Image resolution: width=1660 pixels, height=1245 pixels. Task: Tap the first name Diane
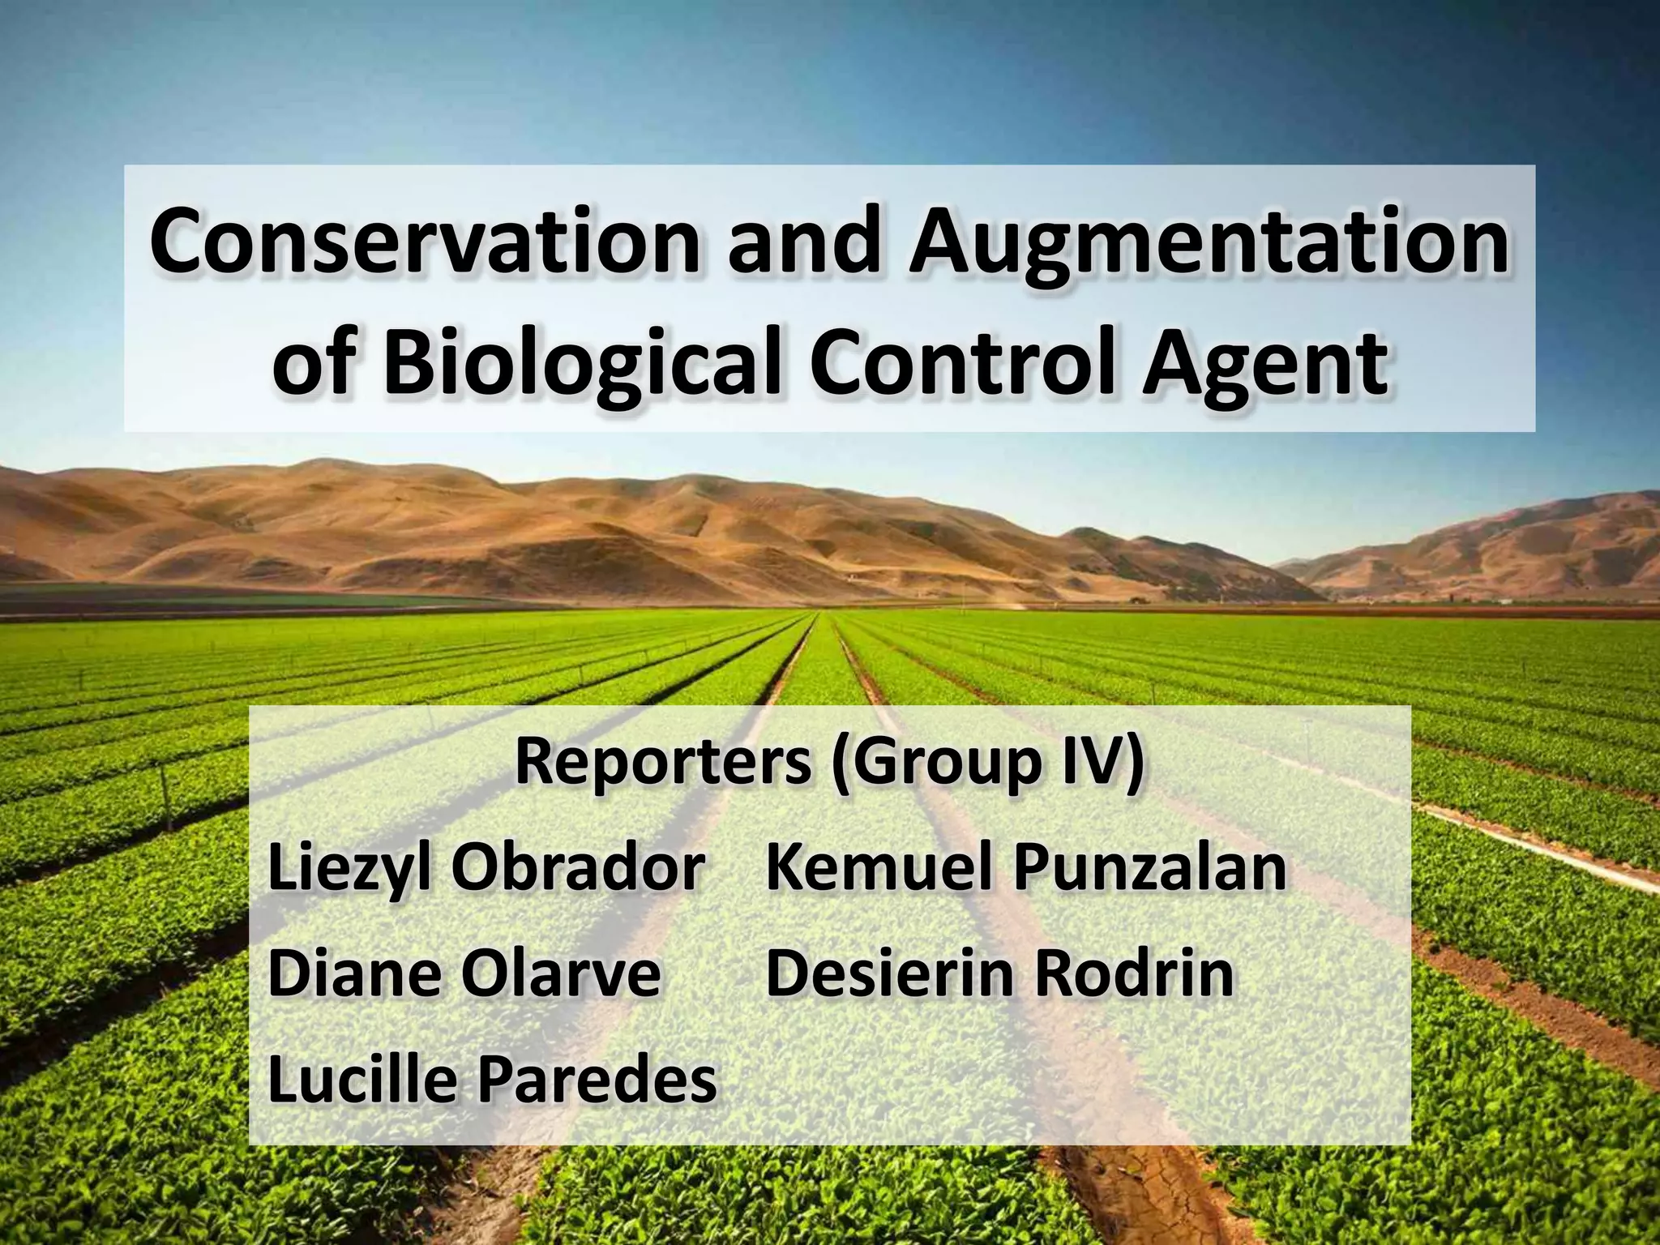coord(357,973)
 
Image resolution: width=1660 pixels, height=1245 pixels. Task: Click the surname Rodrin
coord(1135,973)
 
